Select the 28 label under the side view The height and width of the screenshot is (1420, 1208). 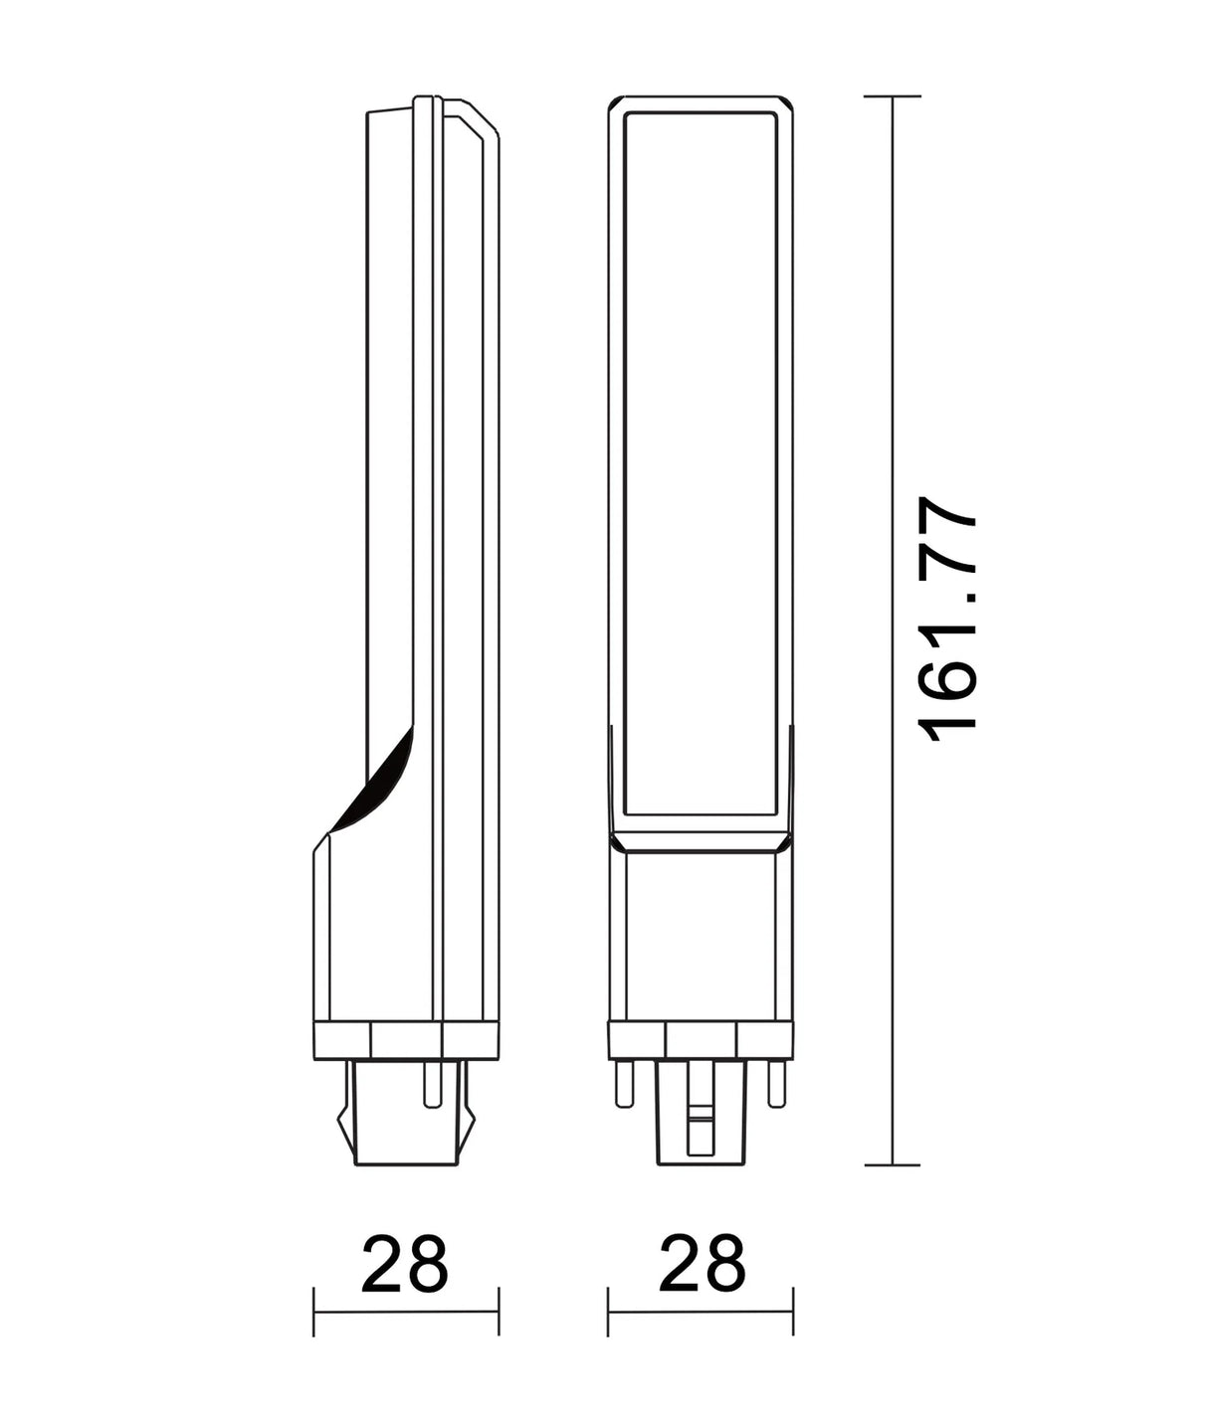405,1264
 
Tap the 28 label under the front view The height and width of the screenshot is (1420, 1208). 702,1264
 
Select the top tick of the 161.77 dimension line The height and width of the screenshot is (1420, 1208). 892,96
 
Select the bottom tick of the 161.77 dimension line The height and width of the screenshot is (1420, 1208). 892,1164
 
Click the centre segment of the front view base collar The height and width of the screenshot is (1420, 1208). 702,1040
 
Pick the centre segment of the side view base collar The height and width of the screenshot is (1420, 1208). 405,1040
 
